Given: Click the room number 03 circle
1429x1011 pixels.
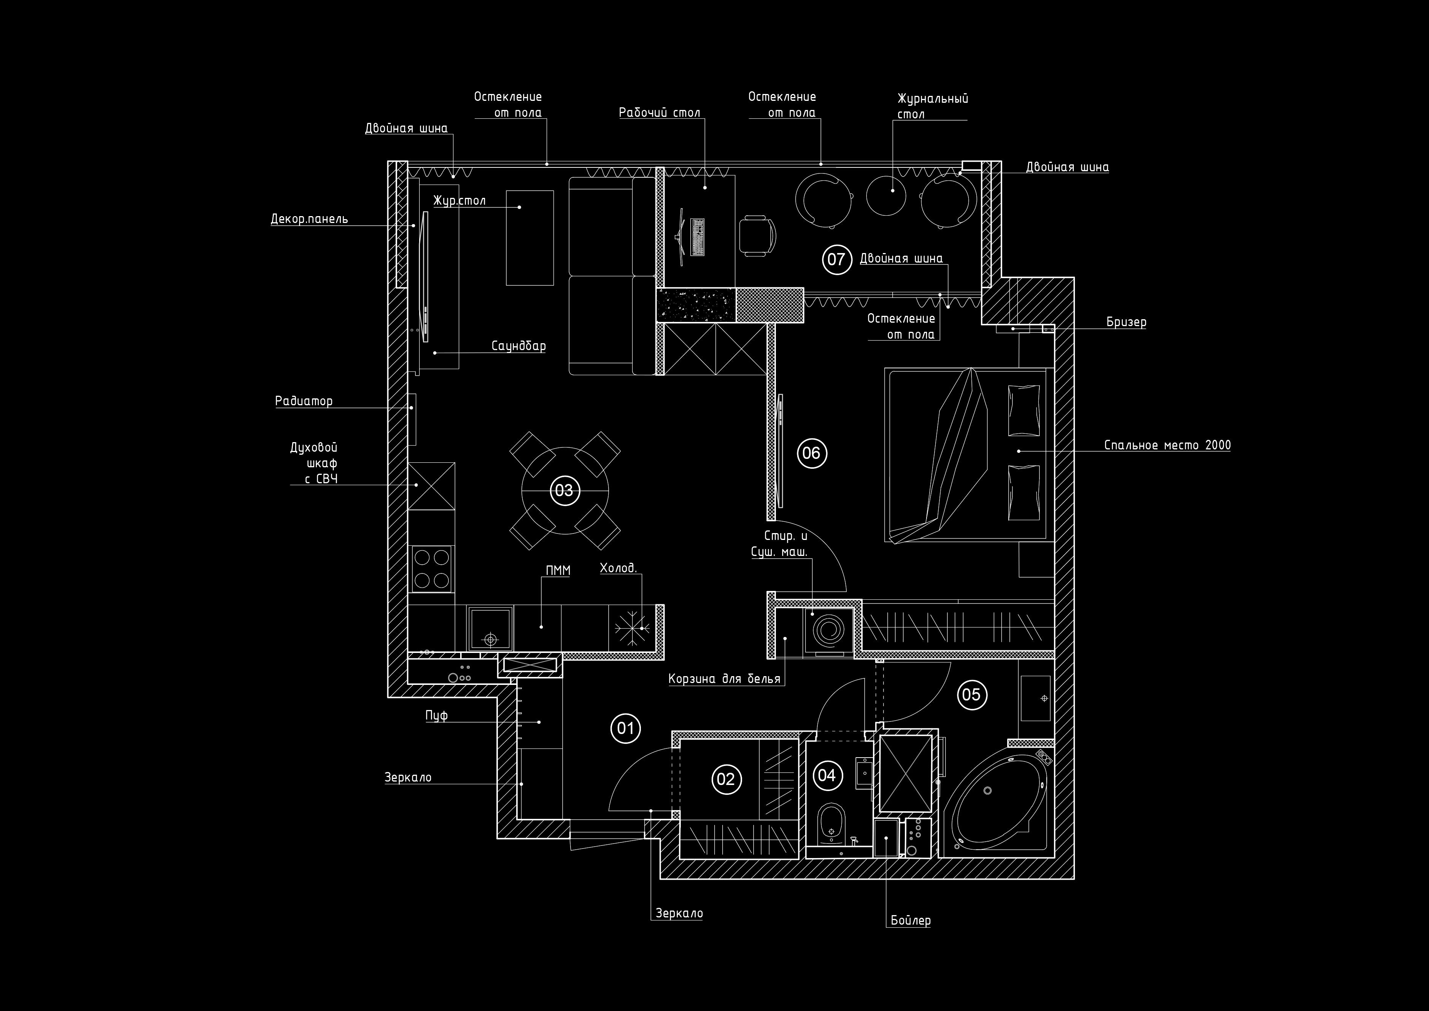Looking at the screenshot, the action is [564, 490].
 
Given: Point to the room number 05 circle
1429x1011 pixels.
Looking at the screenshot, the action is [971, 694].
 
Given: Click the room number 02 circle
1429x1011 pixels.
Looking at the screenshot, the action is [726, 779].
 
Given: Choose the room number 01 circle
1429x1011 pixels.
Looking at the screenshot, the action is [626, 728].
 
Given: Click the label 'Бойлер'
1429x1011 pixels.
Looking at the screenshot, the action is [911, 920].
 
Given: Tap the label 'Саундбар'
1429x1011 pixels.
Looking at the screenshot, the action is [518, 345].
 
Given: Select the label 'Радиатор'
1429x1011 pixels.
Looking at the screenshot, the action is [304, 401].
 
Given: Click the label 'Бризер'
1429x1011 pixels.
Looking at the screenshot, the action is [1127, 322].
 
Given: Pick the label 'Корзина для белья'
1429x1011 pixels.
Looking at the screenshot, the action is [725, 678].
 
